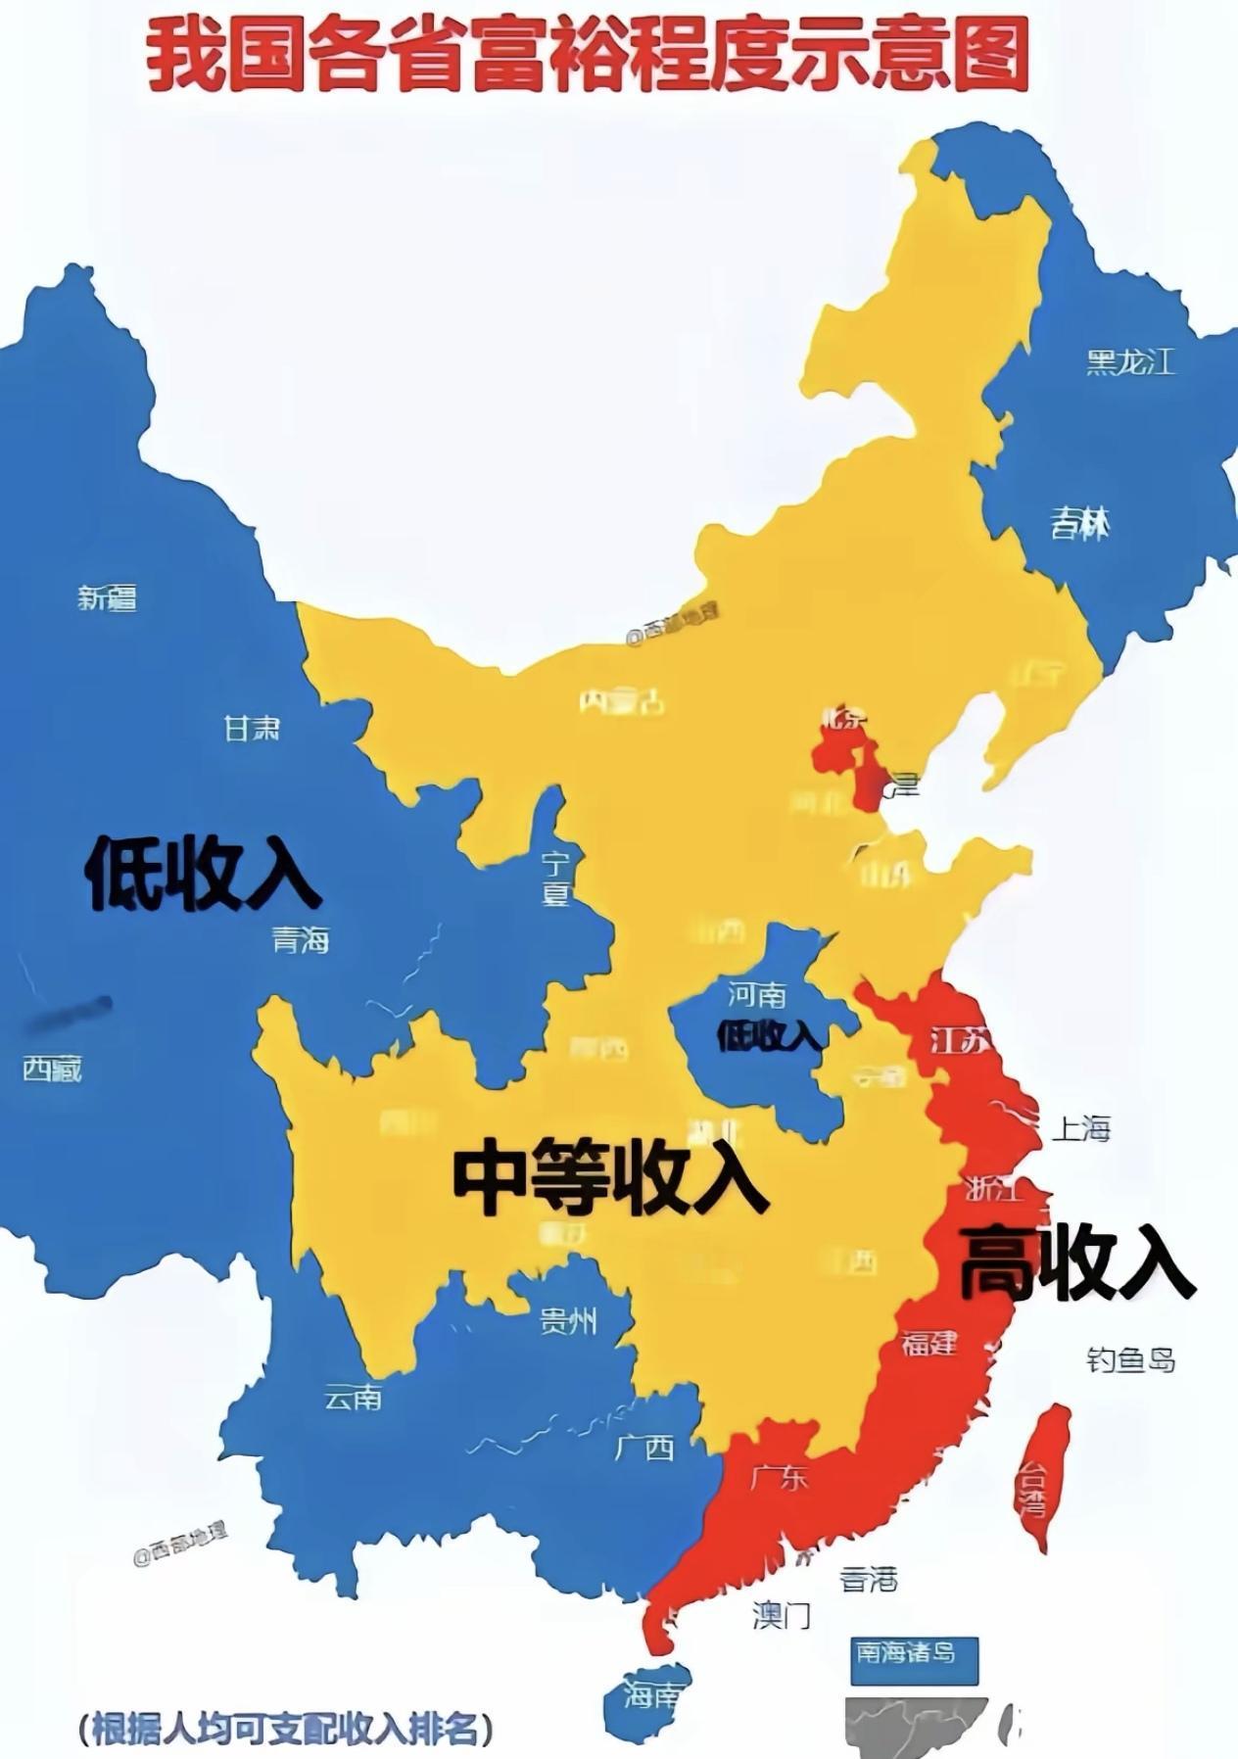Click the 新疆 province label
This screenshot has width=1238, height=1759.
click(107, 596)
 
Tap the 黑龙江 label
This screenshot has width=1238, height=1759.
click(1129, 362)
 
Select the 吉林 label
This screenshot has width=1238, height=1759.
click(1080, 524)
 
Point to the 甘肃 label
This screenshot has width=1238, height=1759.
click(252, 728)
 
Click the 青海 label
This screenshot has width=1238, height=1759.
click(300, 940)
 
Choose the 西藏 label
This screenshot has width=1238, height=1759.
click(52, 1068)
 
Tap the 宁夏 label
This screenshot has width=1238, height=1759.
click(556, 879)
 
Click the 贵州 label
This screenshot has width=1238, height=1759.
click(568, 1322)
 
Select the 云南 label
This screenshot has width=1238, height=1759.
click(353, 1398)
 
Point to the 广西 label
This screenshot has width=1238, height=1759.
click(644, 1448)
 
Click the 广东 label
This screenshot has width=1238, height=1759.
click(780, 1477)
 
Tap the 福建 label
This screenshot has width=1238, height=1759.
click(928, 1342)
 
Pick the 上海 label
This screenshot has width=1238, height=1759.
click(1081, 1129)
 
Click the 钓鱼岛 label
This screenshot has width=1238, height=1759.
click(1130, 1359)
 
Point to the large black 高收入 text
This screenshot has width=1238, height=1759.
click(1075, 1262)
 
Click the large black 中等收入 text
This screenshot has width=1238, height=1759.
click(609, 1178)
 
